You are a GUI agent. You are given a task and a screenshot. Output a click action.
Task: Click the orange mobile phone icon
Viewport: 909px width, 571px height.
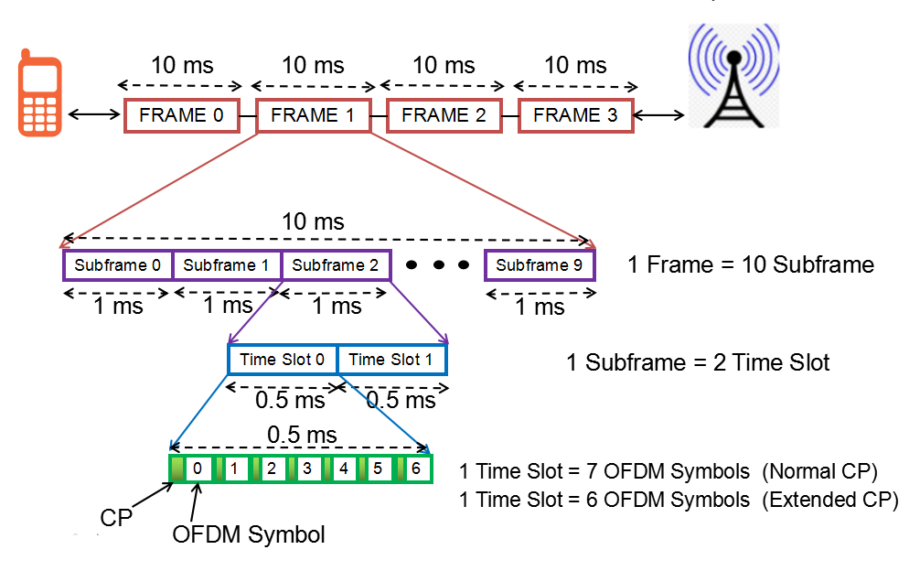click(40, 96)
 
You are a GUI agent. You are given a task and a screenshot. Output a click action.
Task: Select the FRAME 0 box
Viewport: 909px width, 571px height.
click(181, 115)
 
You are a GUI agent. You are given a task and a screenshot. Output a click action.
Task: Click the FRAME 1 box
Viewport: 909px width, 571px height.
click(313, 115)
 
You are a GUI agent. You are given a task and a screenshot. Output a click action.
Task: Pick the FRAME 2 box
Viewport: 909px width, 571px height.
click(444, 115)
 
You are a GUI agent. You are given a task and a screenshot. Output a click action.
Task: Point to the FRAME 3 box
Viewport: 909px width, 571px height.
click(575, 115)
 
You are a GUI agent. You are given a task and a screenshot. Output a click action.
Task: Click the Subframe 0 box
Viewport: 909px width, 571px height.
click(117, 265)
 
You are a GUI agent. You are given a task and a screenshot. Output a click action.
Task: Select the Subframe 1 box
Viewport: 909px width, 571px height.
click(227, 265)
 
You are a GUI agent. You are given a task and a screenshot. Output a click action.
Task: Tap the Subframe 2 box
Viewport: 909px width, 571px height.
click(336, 265)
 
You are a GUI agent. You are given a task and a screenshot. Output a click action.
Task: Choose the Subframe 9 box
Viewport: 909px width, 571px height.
click(540, 265)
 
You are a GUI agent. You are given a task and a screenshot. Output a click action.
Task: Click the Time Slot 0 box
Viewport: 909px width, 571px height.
click(282, 360)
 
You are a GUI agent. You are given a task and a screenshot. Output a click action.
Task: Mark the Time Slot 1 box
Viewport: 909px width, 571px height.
click(391, 360)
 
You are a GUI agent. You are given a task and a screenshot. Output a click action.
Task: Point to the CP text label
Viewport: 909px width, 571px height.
click(116, 518)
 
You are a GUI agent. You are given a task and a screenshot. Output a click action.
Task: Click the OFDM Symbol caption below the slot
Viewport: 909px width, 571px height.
click(248, 534)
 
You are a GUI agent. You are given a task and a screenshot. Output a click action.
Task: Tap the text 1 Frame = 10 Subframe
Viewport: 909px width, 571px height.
click(750, 265)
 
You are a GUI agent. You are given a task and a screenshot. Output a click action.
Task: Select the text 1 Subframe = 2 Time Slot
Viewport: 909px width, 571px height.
click(698, 362)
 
